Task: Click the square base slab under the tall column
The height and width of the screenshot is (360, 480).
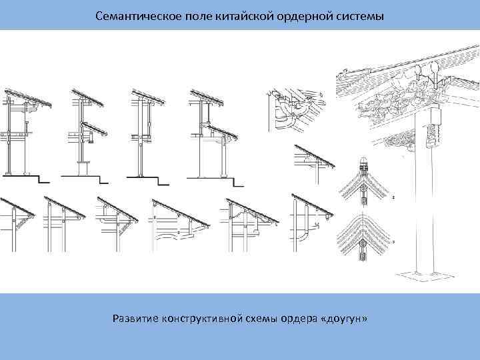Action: (x=421, y=273)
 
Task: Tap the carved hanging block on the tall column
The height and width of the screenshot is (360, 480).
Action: (x=438, y=118)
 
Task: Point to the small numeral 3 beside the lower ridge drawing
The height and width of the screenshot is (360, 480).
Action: (x=394, y=241)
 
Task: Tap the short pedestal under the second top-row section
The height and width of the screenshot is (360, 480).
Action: (x=83, y=169)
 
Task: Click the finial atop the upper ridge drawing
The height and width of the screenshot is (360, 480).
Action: (x=363, y=163)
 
